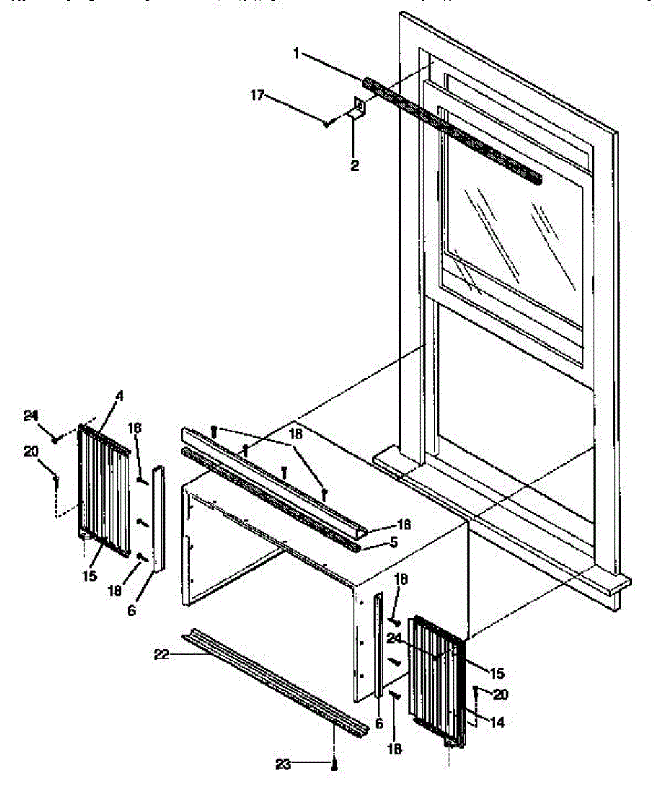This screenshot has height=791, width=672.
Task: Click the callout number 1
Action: (296, 53)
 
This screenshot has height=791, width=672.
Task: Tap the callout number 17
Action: (257, 96)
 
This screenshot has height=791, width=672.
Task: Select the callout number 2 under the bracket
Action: (355, 165)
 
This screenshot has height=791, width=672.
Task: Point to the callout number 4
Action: (119, 396)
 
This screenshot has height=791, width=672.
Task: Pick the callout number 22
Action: (161, 655)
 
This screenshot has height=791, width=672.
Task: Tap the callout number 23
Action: (283, 764)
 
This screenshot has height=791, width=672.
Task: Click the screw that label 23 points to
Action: (335, 765)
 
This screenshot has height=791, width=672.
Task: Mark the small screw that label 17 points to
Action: (327, 123)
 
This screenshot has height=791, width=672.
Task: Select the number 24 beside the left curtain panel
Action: (30, 416)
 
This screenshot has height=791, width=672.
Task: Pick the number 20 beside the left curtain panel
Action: (30, 452)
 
